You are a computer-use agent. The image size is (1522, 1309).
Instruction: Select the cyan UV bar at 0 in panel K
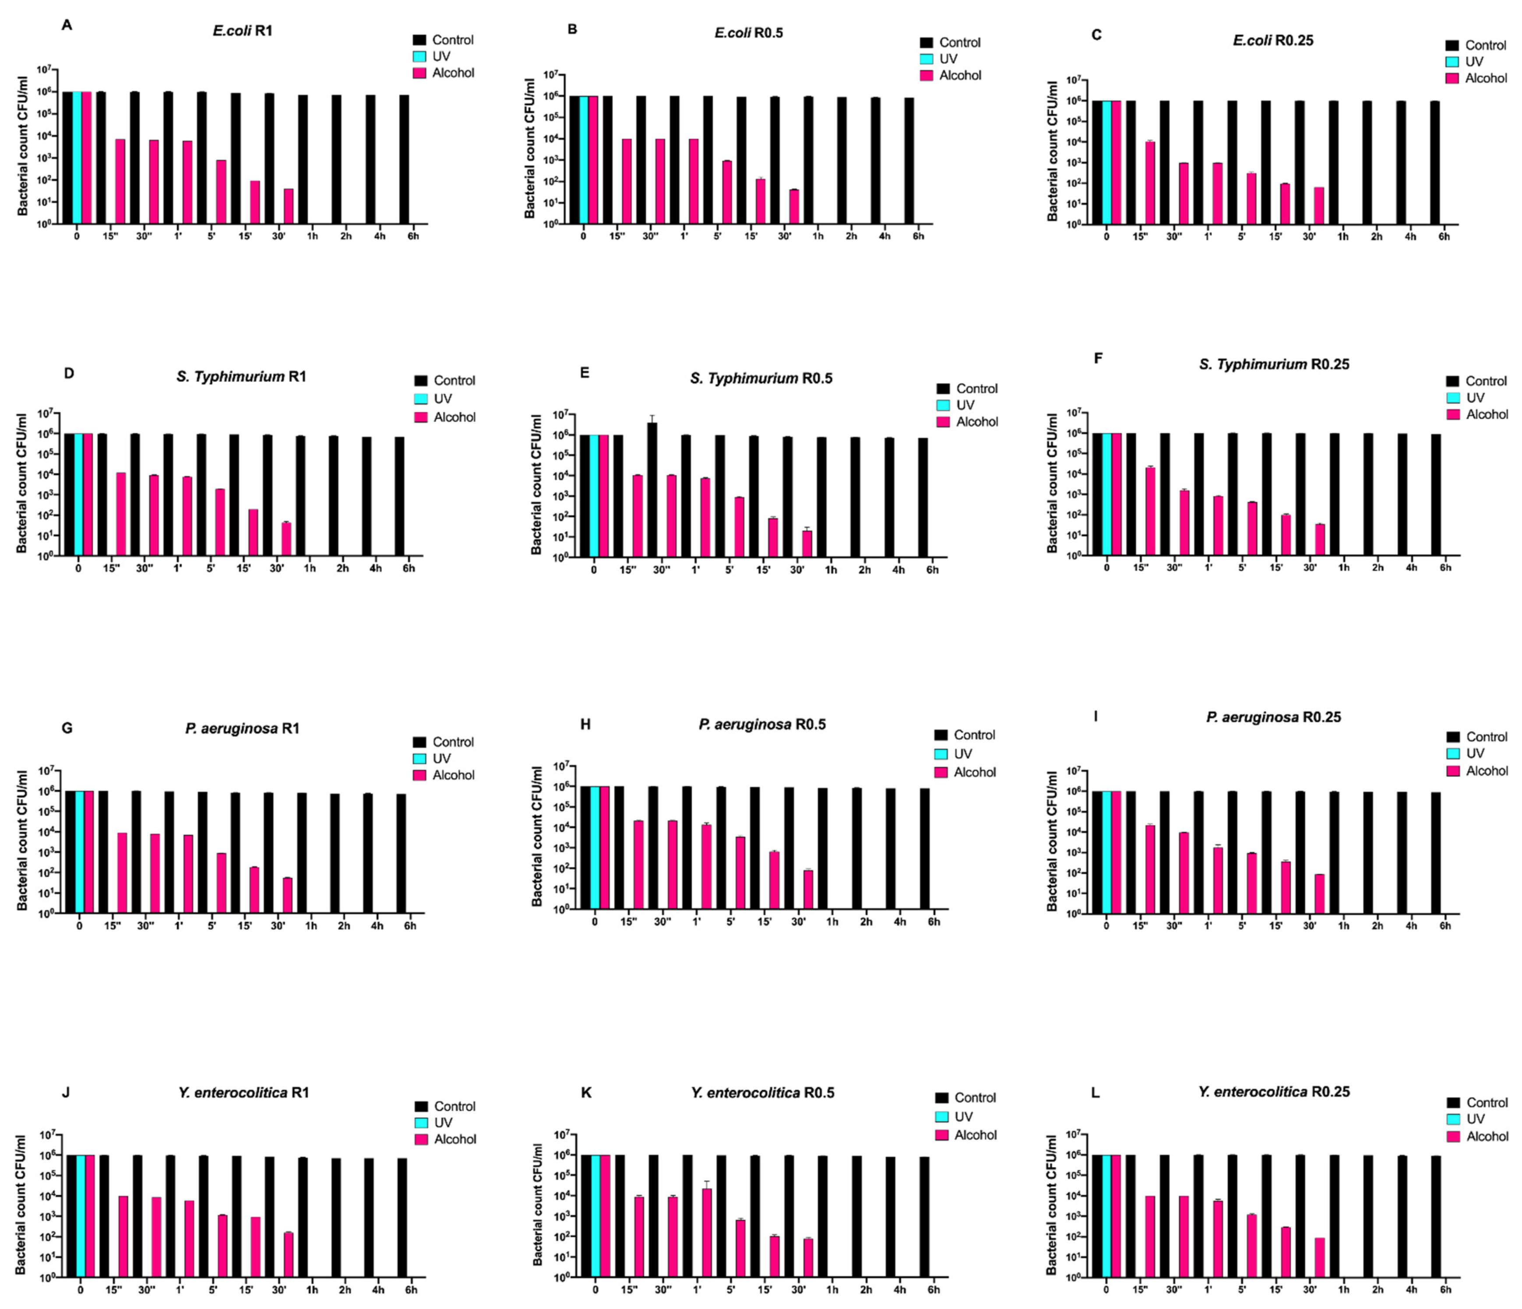(595, 1216)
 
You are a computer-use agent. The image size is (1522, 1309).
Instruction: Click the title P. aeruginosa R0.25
(1273, 717)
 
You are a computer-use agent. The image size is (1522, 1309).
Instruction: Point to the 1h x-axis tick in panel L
(1343, 1289)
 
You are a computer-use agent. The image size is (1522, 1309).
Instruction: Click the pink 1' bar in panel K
(707, 1232)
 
